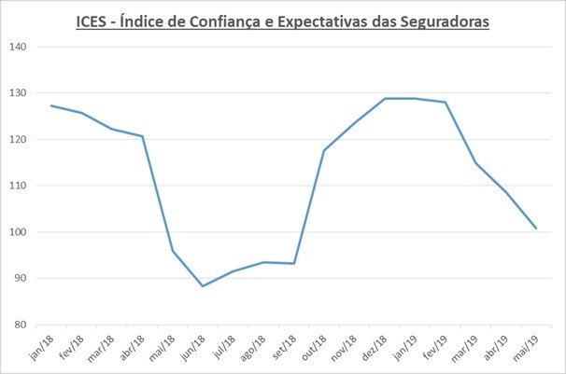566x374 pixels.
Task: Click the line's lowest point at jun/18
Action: (x=203, y=286)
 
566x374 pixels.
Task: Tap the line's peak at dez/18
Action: (x=385, y=98)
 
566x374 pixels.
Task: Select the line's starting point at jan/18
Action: (x=51, y=105)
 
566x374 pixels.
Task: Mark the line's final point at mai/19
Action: (x=536, y=229)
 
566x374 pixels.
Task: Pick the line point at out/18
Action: (x=324, y=150)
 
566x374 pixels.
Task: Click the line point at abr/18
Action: (x=142, y=136)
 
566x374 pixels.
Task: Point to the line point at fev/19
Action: (x=446, y=102)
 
